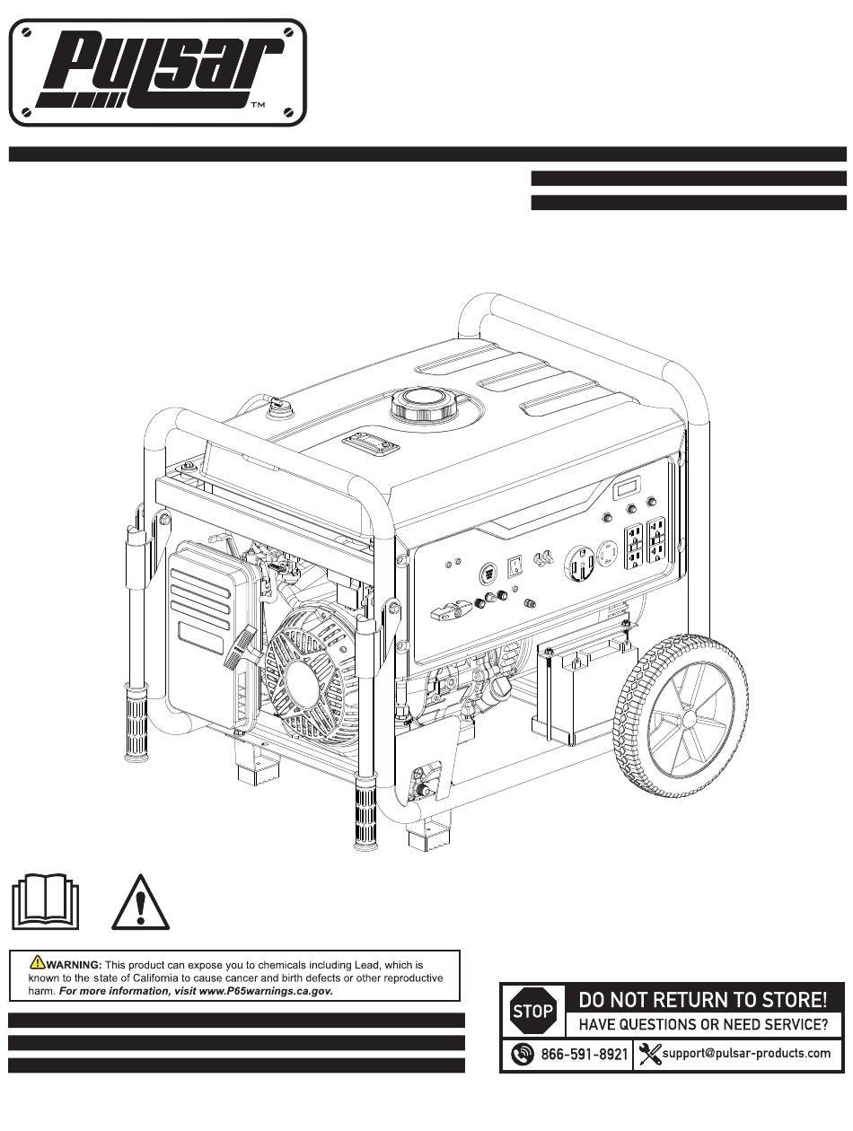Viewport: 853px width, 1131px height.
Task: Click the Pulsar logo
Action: (x=157, y=73)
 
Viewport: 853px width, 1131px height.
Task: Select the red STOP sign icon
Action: (x=532, y=1012)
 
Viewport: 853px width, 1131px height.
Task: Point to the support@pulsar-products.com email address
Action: (x=746, y=1054)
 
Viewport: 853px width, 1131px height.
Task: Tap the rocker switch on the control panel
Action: (x=515, y=565)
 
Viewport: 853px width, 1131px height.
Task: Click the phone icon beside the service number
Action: (x=522, y=1055)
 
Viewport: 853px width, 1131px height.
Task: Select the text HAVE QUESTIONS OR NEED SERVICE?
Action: (x=702, y=1024)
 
